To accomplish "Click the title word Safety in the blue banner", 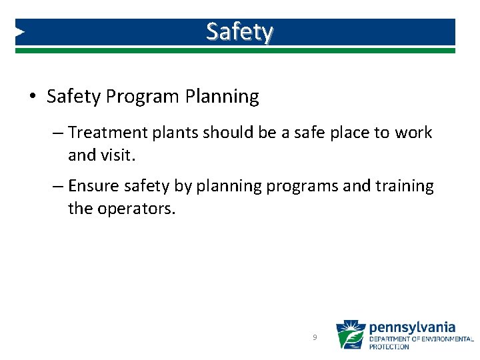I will [x=239, y=31].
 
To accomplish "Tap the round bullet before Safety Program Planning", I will [x=33, y=97].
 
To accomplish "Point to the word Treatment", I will [x=107, y=133].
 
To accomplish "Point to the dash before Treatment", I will [x=57, y=133].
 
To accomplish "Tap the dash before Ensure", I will [x=57, y=186].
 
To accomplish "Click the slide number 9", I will [x=315, y=338].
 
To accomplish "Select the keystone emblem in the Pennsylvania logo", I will [x=351, y=335].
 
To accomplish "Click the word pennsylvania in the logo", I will [x=412, y=327].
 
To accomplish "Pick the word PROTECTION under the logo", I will [x=389, y=347].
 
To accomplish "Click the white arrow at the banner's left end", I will [x=20, y=31].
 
